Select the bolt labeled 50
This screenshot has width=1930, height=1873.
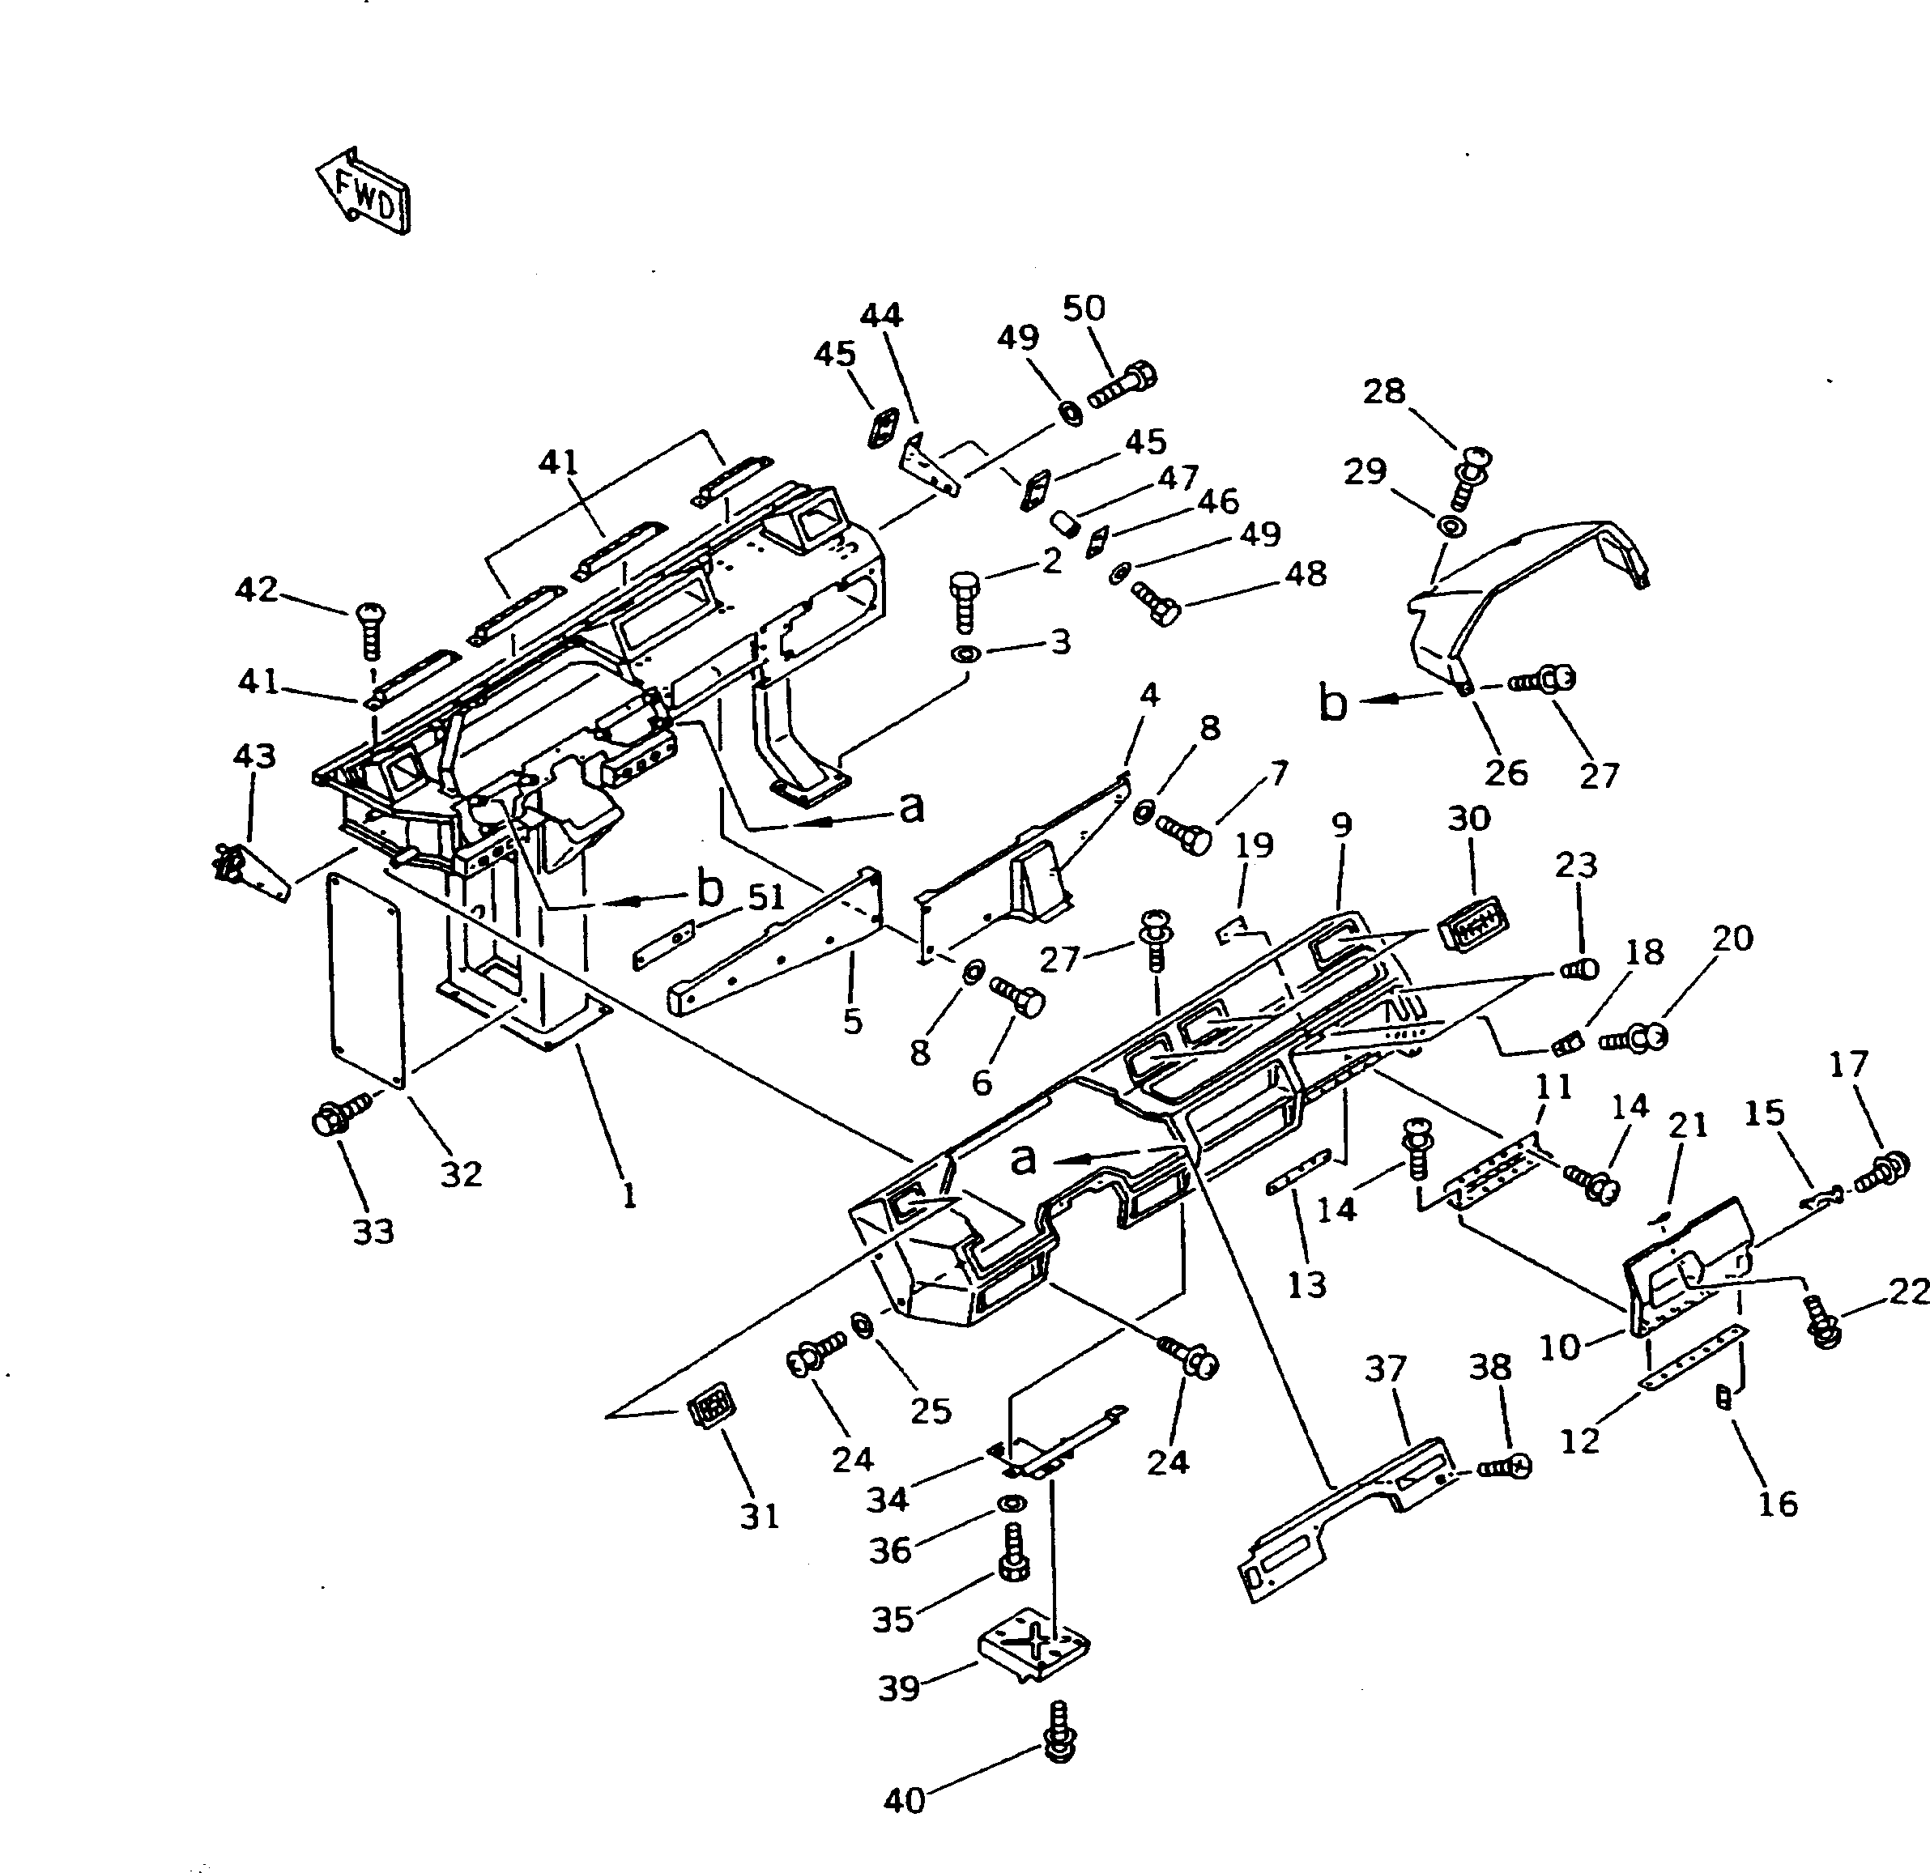tap(1123, 387)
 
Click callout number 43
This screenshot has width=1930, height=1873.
tap(254, 756)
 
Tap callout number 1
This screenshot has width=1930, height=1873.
tap(628, 1194)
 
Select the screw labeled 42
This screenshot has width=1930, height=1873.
tap(369, 629)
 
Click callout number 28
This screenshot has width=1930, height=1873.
tap(1383, 391)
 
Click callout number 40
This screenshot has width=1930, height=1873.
tap(904, 1801)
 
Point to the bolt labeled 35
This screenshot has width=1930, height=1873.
tap(1014, 1557)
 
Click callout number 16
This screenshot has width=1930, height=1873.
tap(1778, 1504)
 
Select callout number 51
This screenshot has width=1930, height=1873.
tap(766, 897)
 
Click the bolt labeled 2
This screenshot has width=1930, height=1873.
tap(964, 602)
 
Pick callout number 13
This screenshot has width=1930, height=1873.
tap(1306, 1284)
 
